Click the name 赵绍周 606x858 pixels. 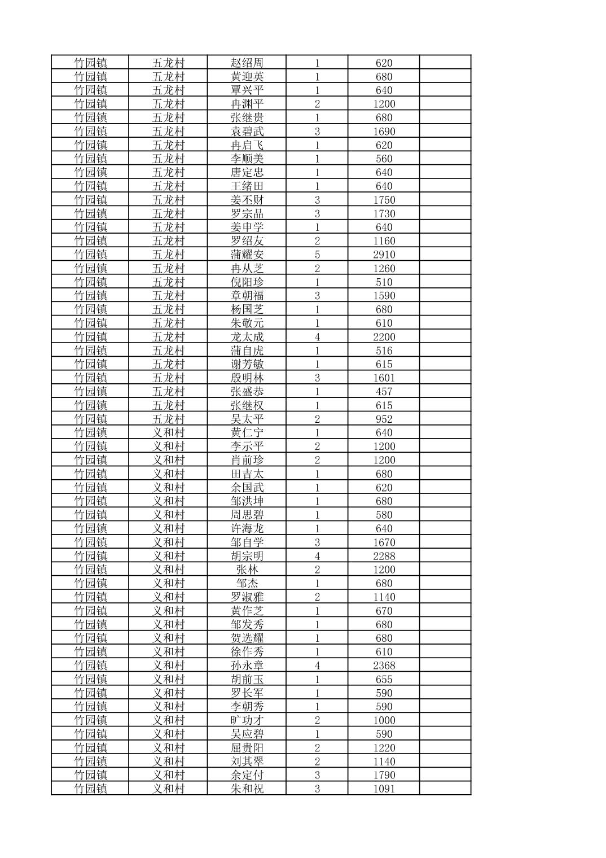247,63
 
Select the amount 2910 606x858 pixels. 384,255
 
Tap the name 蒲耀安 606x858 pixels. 247,255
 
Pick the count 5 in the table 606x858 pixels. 317,255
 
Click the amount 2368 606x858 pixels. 384,666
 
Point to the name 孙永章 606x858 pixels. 247,666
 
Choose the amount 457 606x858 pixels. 384,391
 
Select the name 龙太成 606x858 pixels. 247,336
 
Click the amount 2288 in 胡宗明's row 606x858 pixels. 384,556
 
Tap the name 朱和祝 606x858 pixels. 247,789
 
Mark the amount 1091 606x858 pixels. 384,789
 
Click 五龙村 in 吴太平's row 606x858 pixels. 168,419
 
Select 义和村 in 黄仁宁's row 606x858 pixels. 168,432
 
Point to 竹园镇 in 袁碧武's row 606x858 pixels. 90,131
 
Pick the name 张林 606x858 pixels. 247,570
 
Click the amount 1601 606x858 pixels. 384,378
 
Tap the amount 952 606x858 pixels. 384,419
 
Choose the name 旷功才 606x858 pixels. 247,720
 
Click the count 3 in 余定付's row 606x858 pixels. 317,775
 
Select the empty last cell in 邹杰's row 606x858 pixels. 445,583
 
